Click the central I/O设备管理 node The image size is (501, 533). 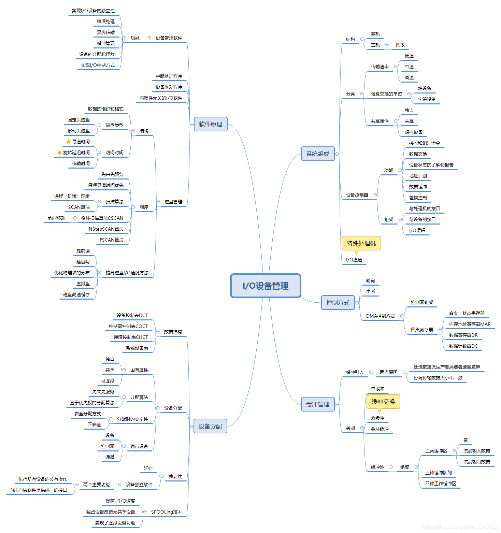pyautogui.click(x=266, y=286)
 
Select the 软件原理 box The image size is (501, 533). pyautogui.click(x=211, y=124)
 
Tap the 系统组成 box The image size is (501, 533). pyautogui.click(x=318, y=154)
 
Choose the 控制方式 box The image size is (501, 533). pyautogui.click(x=338, y=303)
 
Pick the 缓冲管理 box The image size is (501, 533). pyautogui.click(x=318, y=404)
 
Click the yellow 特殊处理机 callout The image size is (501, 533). pyautogui.click(x=361, y=243)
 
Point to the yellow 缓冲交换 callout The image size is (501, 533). pyautogui.click(x=383, y=402)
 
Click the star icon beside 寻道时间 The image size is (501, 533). pyautogui.click(x=68, y=142)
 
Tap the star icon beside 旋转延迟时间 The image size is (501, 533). pyautogui.click(x=59, y=153)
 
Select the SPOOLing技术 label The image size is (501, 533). pyautogui.click(x=167, y=512)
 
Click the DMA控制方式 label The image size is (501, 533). pyautogui.click(x=381, y=316)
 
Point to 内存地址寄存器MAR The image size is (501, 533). pyautogui.click(x=470, y=324)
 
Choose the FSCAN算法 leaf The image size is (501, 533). pyautogui.click(x=112, y=240)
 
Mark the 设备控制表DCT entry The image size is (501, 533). pyautogui.click(x=132, y=315)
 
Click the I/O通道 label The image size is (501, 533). pyautogui.click(x=354, y=260)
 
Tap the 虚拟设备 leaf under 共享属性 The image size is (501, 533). pyautogui.click(x=413, y=132)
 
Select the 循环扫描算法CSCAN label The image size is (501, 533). pyautogui.click(x=102, y=218)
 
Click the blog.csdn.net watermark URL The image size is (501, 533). pyautogui.click(x=459, y=527)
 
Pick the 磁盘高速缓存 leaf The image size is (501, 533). pyautogui.click(x=76, y=294)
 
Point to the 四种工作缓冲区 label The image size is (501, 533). pyautogui.click(x=441, y=484)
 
